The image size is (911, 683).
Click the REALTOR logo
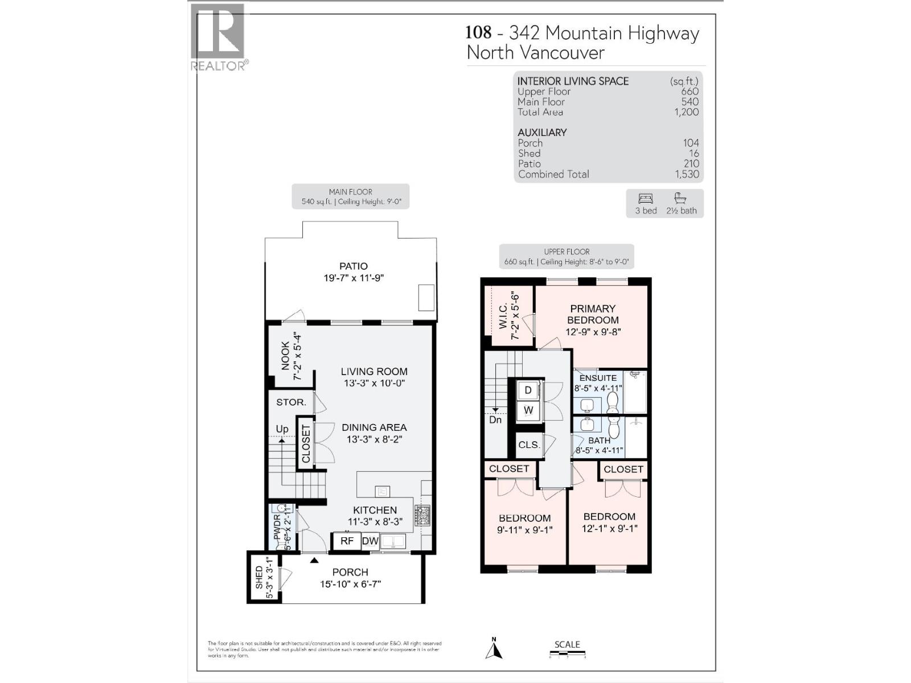pos(219,38)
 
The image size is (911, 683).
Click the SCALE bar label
pos(567,644)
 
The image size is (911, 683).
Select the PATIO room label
pos(353,266)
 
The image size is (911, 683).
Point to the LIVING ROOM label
pos(374,371)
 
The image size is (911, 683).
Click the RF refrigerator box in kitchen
pos(347,541)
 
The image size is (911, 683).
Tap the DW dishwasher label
pos(370,541)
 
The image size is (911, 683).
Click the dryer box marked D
pos(528,390)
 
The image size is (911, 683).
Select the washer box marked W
pos(528,410)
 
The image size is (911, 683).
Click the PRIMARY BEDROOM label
pos(592,314)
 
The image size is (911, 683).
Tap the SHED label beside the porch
pos(260,577)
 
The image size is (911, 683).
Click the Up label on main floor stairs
pos(282,429)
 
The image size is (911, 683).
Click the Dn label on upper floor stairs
pos(495,419)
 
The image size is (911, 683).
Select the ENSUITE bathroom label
pos(598,378)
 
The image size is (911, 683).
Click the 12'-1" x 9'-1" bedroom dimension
pos(609,528)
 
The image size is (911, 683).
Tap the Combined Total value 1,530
pos(687,174)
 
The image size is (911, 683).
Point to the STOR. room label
pos(291,402)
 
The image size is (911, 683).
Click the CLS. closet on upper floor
pos(529,445)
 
